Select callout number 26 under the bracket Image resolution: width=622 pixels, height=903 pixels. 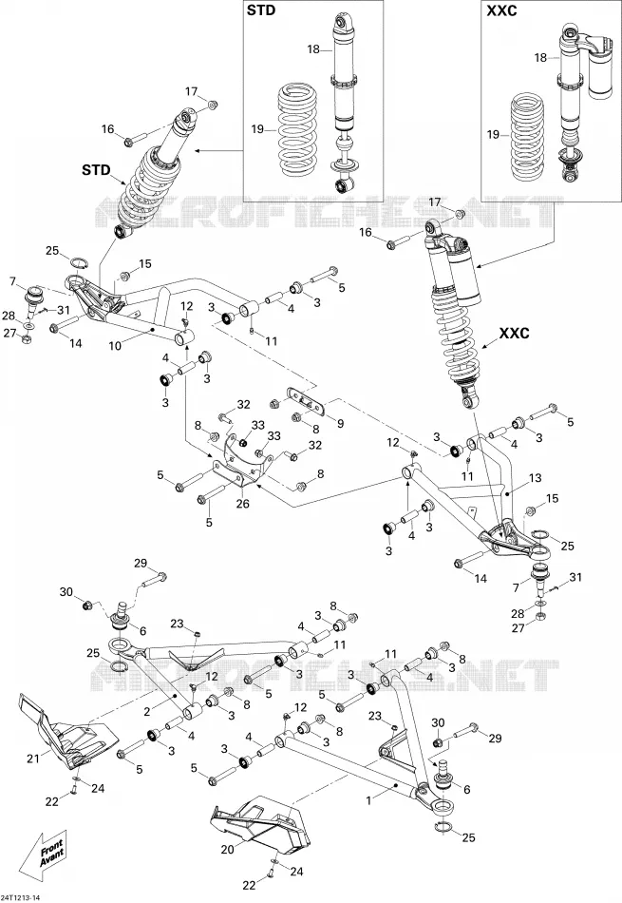coord(243,504)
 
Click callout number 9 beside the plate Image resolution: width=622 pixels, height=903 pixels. coord(340,423)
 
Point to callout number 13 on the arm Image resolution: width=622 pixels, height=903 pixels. coord(536,477)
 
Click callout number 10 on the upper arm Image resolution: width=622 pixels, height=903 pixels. coord(115,346)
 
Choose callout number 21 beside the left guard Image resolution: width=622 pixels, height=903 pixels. coord(33,759)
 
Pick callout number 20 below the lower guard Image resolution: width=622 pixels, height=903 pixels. coord(228,848)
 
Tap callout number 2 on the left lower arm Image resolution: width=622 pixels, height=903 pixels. coord(147,712)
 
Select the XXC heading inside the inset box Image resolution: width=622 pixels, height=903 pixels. coord(501,11)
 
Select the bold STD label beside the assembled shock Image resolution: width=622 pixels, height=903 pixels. coord(95,170)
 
